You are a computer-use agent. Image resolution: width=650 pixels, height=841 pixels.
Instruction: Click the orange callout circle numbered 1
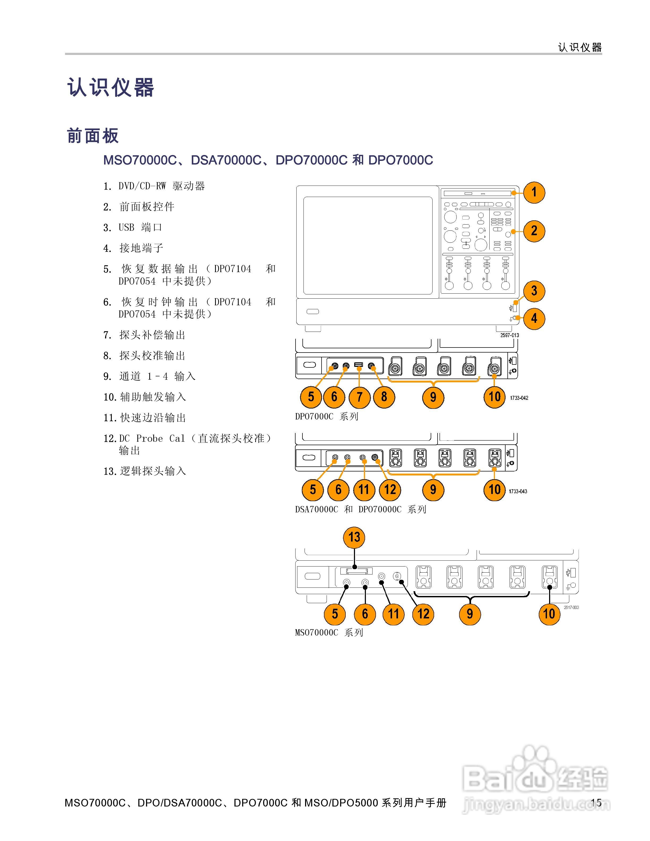click(x=534, y=192)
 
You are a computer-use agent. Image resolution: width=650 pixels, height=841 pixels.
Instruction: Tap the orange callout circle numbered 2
click(x=534, y=231)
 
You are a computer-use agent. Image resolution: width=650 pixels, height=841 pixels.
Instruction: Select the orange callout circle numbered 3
click(x=534, y=291)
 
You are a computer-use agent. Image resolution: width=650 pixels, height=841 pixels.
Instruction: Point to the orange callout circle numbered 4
click(x=534, y=319)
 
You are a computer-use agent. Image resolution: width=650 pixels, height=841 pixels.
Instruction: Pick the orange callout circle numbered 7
click(x=359, y=397)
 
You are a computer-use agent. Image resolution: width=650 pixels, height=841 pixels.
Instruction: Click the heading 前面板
click(x=93, y=136)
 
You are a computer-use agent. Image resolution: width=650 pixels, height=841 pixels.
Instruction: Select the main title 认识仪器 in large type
click(x=111, y=87)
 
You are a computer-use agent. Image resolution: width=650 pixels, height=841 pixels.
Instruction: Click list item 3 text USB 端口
click(x=140, y=228)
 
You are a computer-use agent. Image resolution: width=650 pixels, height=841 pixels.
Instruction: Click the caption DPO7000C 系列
click(x=327, y=417)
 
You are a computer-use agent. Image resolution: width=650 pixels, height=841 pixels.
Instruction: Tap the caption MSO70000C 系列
click(x=329, y=632)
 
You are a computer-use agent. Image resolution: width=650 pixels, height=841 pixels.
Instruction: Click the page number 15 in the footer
click(x=596, y=803)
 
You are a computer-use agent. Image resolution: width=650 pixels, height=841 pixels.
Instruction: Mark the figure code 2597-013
click(x=510, y=335)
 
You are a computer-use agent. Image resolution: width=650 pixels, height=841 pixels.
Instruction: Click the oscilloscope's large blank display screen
click(x=368, y=245)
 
